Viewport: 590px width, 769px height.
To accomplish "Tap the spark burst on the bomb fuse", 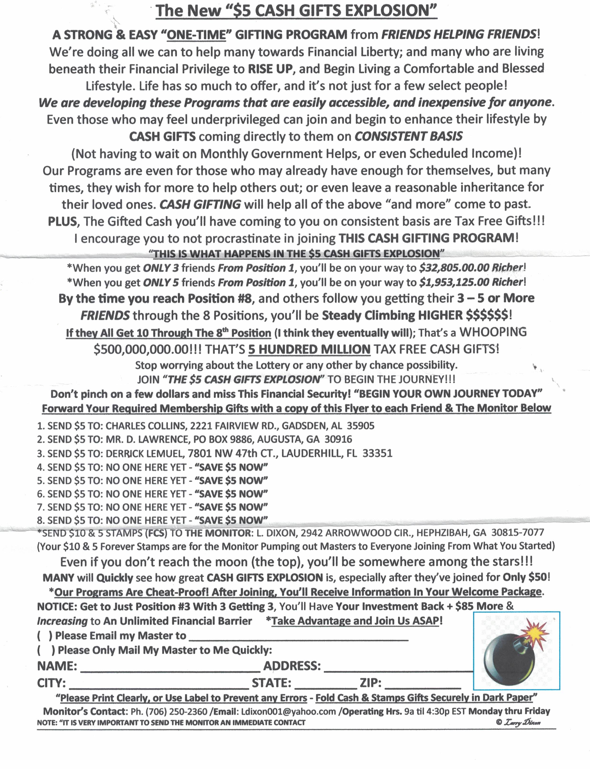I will (x=533, y=632).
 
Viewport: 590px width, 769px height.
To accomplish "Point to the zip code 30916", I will (x=338, y=439).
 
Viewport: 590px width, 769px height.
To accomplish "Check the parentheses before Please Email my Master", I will (x=45, y=635).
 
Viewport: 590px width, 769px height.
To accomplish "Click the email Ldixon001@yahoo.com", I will (x=288, y=712).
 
